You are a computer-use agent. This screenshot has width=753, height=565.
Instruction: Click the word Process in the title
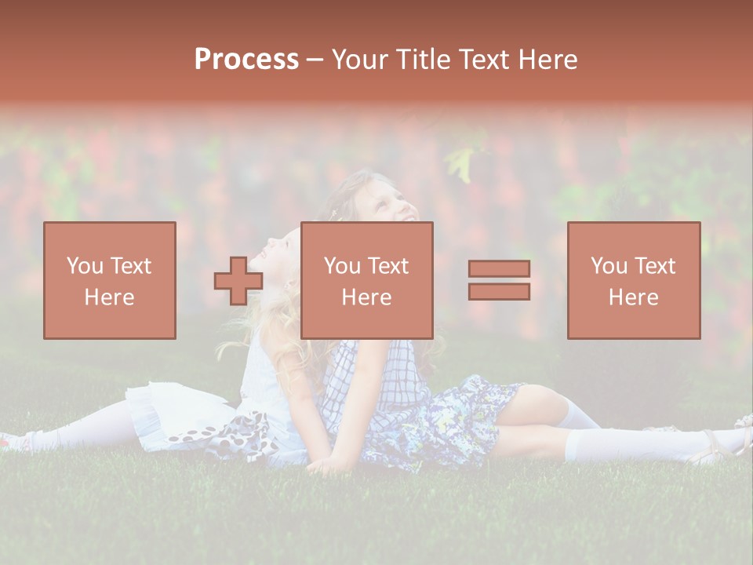click(x=246, y=60)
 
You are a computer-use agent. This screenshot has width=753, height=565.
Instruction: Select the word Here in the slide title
click(x=547, y=60)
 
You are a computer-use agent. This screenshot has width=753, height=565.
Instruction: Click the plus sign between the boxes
click(x=238, y=280)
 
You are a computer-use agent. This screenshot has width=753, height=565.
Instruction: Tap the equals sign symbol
click(x=499, y=280)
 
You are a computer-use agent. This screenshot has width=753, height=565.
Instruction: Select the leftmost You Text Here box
click(x=110, y=280)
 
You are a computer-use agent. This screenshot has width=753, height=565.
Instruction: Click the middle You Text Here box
click(x=367, y=280)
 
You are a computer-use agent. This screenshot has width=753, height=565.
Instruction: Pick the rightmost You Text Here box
click(x=634, y=280)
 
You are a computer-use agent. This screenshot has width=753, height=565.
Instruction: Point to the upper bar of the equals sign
click(x=499, y=269)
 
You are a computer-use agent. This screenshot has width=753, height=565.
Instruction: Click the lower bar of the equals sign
click(x=499, y=291)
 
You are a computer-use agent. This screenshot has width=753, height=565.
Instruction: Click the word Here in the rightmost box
click(x=634, y=297)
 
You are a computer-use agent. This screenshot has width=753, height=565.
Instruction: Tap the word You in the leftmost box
click(x=83, y=266)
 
